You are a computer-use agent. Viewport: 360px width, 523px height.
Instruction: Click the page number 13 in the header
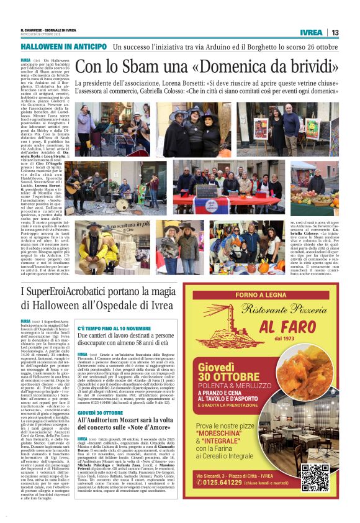click(x=335, y=32)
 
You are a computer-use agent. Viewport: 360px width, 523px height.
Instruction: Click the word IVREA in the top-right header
click(x=311, y=32)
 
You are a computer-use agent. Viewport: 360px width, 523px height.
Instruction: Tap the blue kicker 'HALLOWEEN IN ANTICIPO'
click(x=64, y=47)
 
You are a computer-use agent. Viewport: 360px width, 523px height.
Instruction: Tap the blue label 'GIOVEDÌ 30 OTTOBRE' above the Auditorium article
click(x=101, y=413)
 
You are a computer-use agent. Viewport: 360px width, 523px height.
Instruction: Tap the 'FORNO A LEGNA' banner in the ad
click(x=260, y=295)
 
